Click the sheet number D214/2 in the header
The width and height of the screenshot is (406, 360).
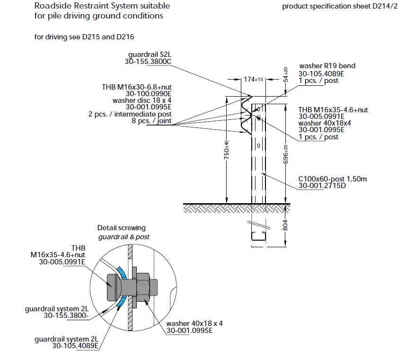(385, 7)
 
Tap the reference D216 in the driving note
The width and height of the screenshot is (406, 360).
(130, 37)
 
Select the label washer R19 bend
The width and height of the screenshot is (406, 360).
(327, 66)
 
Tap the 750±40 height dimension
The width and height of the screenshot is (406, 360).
(227, 149)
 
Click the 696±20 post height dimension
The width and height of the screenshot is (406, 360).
(285, 154)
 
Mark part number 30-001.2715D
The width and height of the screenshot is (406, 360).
(322, 186)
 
